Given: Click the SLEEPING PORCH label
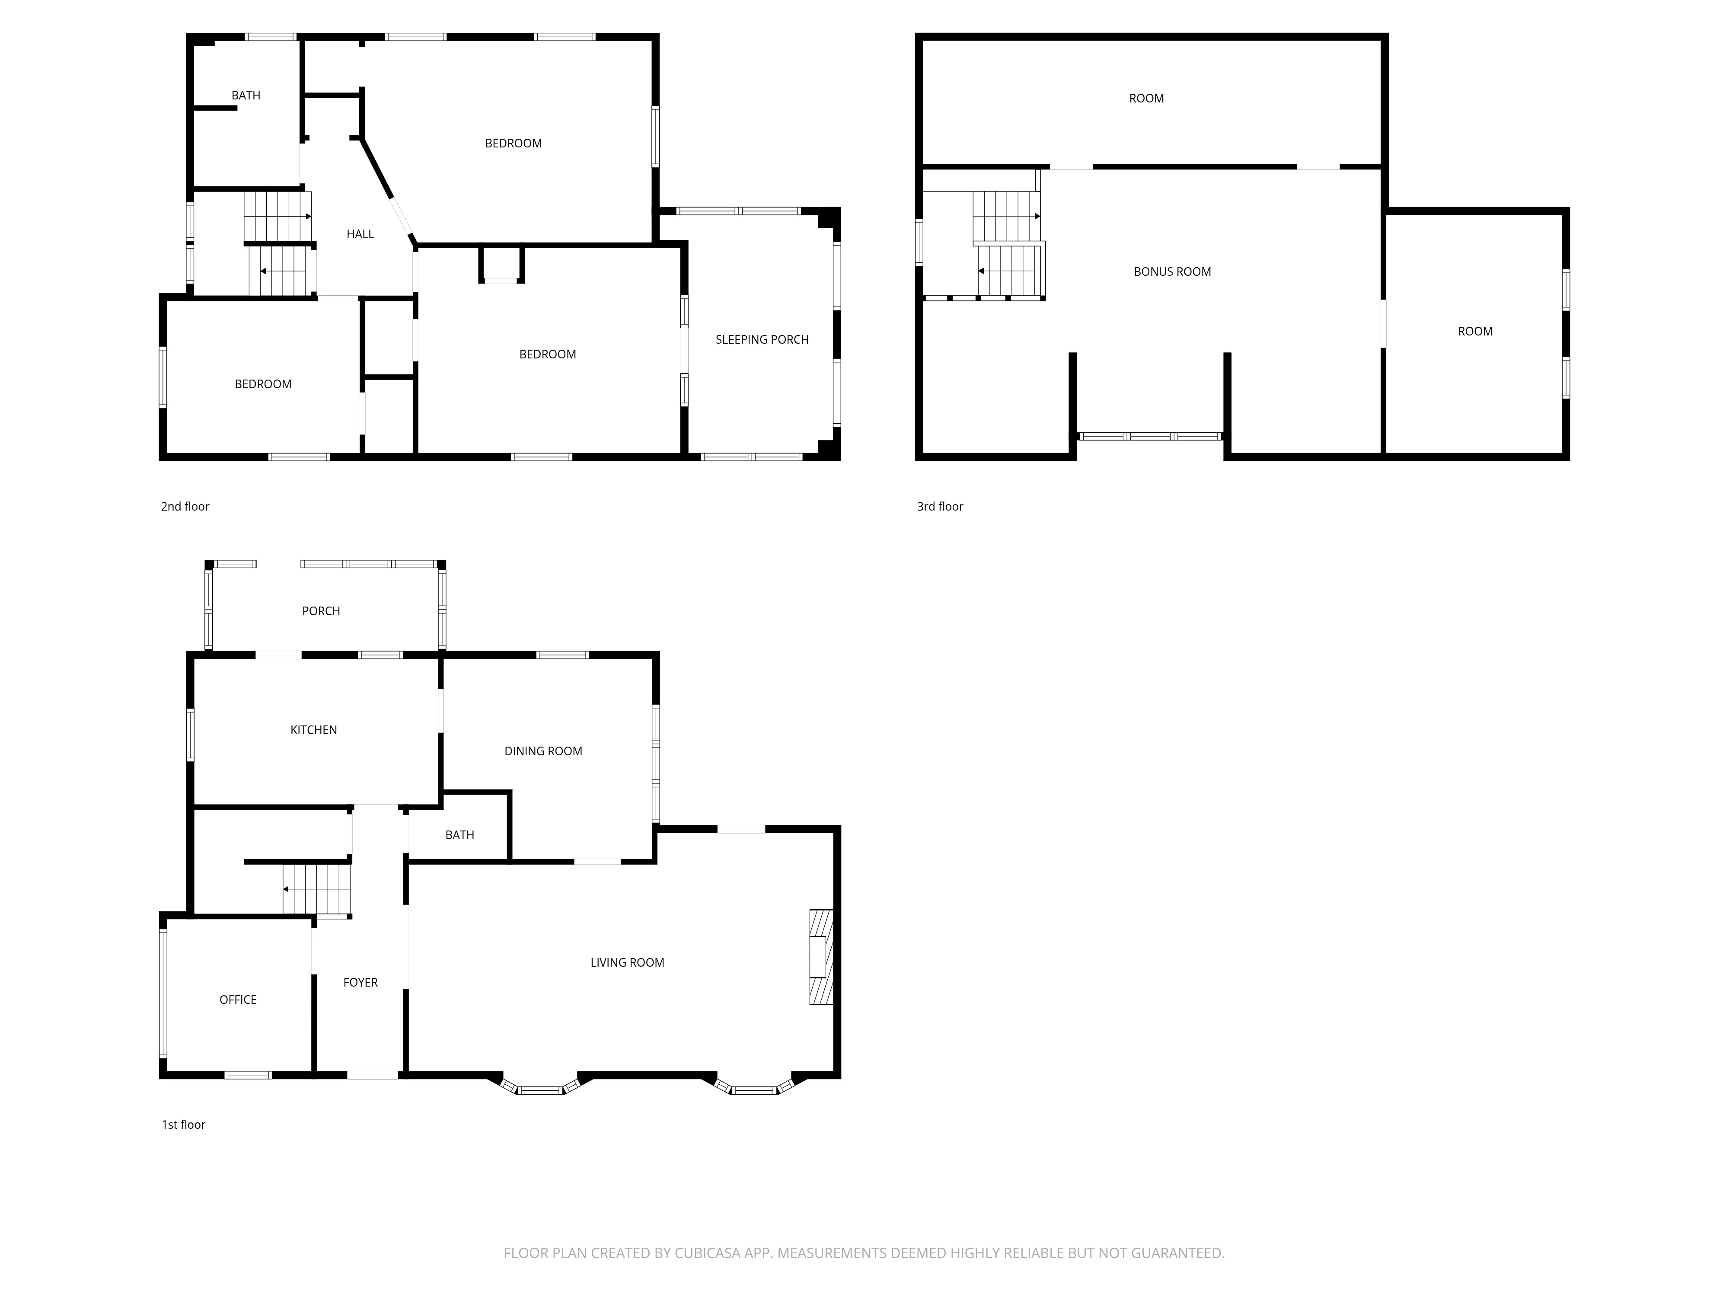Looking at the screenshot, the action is click(x=762, y=339).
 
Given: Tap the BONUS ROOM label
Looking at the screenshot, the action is click(x=1172, y=271).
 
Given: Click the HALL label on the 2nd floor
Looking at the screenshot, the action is click(x=360, y=234).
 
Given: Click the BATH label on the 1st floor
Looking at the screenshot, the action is click(x=459, y=835).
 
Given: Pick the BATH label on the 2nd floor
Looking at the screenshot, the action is click(x=246, y=96).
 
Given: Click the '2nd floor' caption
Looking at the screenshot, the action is click(x=185, y=507).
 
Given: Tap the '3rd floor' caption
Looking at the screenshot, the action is click(x=940, y=507).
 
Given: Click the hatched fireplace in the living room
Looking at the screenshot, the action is click(x=821, y=957).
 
